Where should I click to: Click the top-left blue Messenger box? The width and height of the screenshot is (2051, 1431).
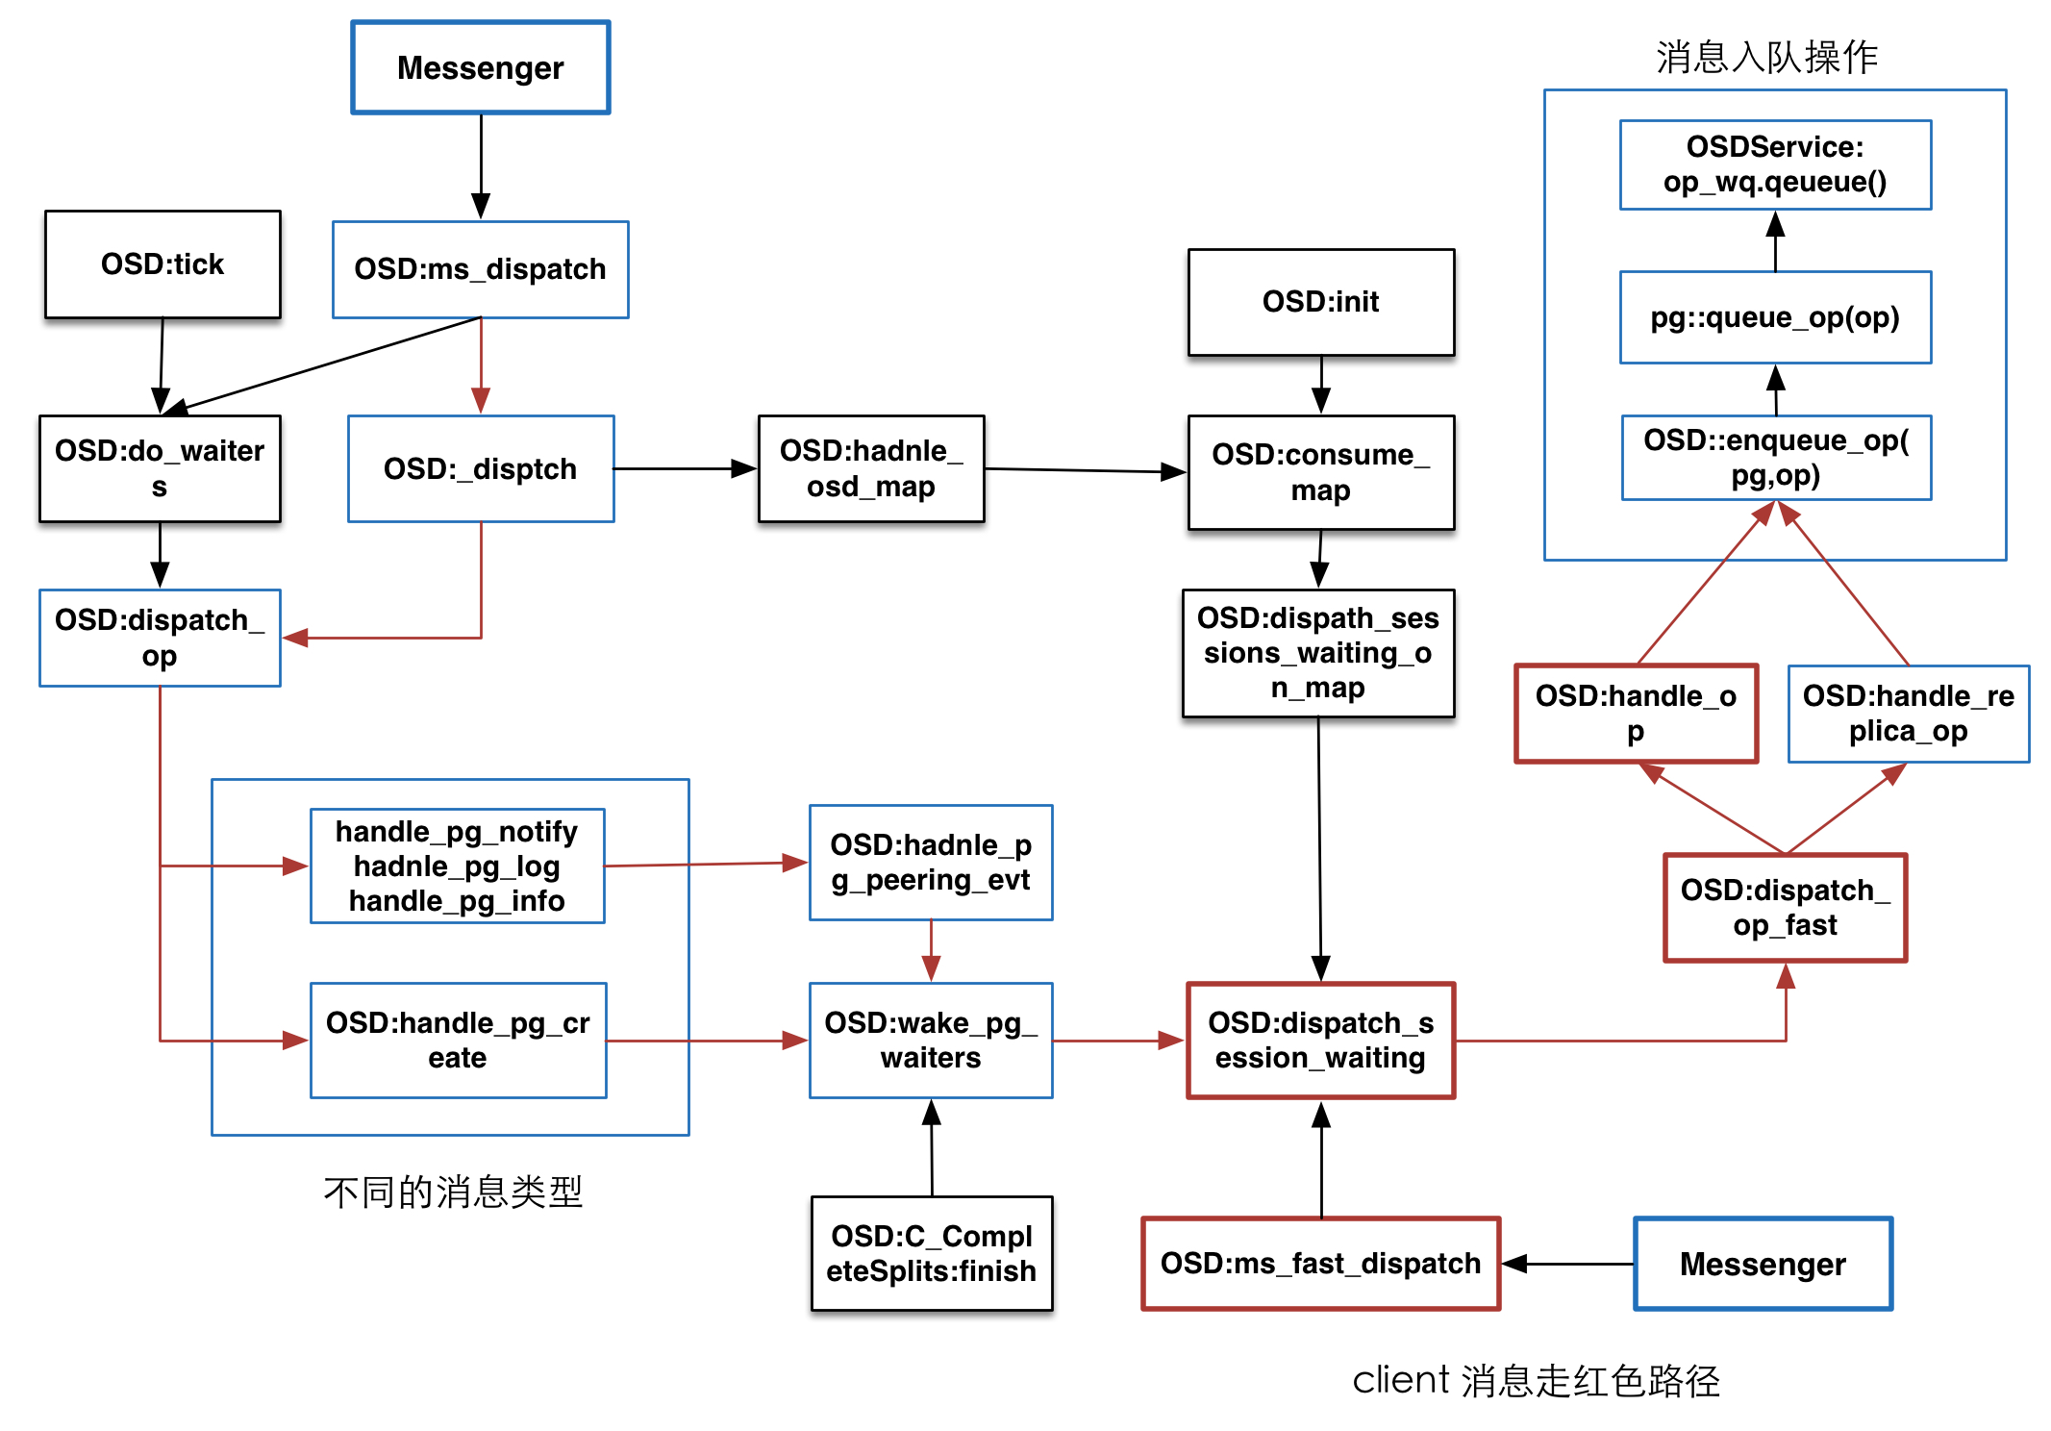[480, 67]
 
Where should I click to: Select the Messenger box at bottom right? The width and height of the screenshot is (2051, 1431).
[1763, 1263]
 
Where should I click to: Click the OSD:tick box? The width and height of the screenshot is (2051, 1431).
[163, 264]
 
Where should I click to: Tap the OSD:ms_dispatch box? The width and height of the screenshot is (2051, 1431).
[480, 269]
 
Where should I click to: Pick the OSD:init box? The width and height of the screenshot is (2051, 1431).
[1320, 302]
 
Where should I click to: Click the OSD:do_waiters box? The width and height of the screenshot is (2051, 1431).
[160, 468]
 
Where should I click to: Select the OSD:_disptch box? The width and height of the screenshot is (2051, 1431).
[480, 468]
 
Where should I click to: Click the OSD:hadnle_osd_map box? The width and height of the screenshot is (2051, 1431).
[870, 468]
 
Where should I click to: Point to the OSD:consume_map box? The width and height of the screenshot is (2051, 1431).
[1320, 471]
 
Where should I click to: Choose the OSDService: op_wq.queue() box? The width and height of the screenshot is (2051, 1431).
[1775, 164]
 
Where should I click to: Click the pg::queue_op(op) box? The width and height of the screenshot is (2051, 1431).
[1775, 317]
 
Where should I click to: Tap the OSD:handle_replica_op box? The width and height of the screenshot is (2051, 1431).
[1908, 714]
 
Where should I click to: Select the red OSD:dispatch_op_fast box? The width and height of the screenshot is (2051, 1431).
[1785, 907]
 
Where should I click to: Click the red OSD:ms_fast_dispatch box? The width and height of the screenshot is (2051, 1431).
[1320, 1263]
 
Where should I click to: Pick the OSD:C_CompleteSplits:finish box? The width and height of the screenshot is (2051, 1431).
[931, 1253]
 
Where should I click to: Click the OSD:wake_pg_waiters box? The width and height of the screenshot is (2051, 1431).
[931, 1040]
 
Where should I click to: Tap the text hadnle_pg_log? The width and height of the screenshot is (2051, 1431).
[457, 866]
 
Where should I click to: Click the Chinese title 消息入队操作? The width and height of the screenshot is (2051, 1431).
[1766, 57]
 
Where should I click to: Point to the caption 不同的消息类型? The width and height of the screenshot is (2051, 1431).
[453, 1192]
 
